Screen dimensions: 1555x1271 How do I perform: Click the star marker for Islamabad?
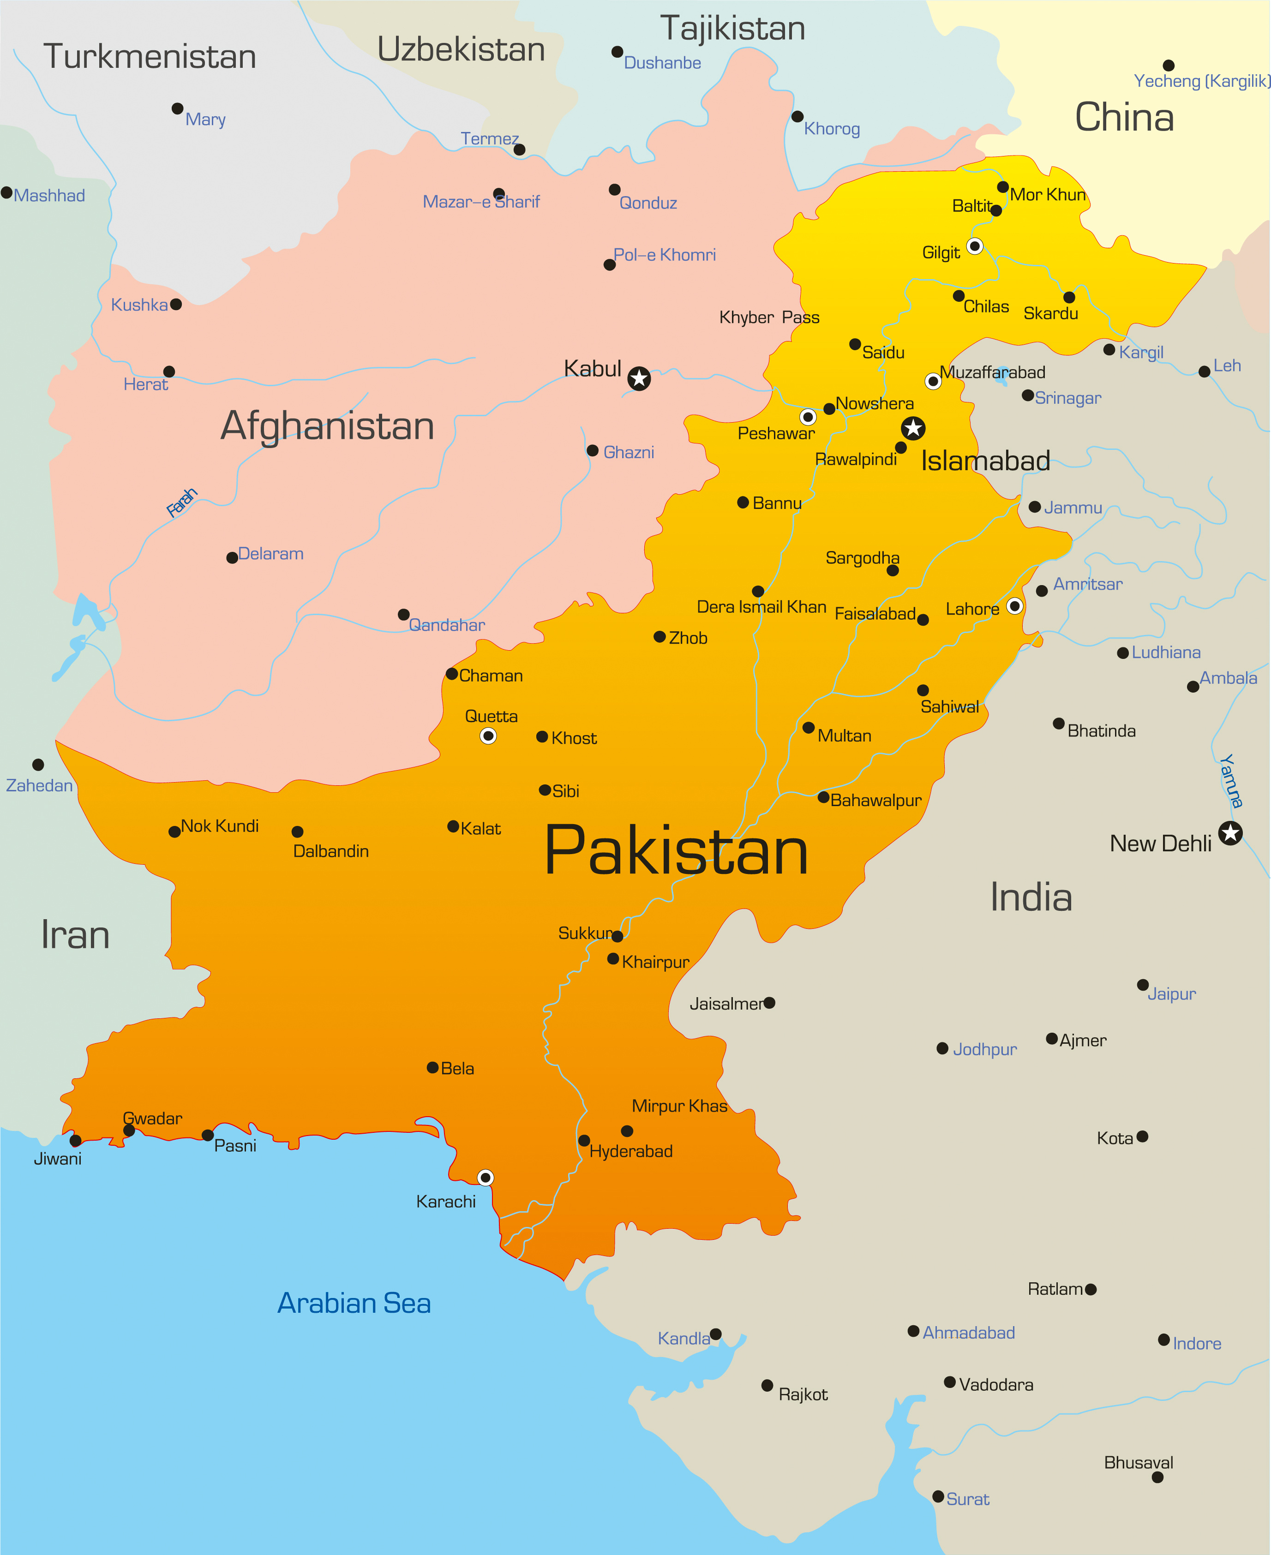[913, 428]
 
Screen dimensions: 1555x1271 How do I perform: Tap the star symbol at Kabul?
[639, 378]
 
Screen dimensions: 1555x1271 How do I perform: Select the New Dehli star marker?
[1231, 832]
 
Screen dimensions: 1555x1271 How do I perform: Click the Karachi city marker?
[486, 1177]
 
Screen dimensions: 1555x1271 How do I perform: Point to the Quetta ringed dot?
[488, 736]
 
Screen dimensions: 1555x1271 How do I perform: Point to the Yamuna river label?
[1231, 780]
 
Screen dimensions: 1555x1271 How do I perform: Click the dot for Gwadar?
[129, 1130]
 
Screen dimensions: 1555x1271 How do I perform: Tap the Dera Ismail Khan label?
[761, 607]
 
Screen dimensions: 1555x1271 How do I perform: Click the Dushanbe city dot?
[617, 52]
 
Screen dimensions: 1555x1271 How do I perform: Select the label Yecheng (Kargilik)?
[1201, 81]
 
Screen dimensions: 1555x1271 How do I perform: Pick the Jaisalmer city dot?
[769, 1003]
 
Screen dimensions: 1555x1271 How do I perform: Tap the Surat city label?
[967, 1499]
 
